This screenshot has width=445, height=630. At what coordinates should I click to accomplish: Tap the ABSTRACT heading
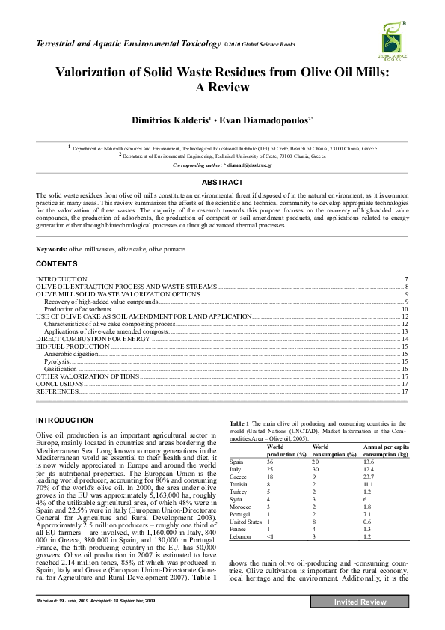click(x=222, y=182)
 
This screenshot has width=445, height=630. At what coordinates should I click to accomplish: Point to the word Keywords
click(x=52, y=248)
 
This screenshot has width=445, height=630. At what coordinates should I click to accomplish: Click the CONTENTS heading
click(x=55, y=264)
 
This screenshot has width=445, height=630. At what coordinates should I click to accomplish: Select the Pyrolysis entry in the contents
click(x=57, y=361)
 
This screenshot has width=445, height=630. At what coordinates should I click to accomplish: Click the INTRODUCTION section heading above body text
click(x=65, y=420)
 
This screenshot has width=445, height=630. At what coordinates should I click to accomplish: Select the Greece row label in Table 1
click(x=238, y=477)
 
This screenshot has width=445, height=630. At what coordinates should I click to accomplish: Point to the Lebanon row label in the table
click(x=239, y=538)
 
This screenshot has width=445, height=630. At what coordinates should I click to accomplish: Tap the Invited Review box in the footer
click(x=360, y=602)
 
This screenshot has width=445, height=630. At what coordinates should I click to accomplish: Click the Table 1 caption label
click(x=239, y=423)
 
